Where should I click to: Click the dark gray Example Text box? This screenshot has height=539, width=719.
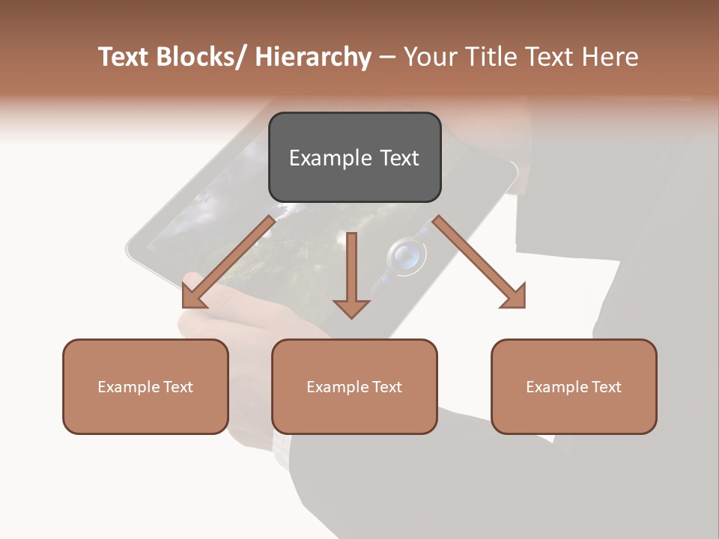pyautogui.click(x=354, y=157)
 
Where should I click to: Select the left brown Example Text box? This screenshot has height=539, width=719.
pyautogui.click(x=145, y=386)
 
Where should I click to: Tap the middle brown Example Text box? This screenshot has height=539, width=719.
pyautogui.click(x=354, y=386)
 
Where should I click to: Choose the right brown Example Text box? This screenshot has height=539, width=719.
pyautogui.click(x=574, y=386)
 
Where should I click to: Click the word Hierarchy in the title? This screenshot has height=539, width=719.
pyautogui.click(x=313, y=57)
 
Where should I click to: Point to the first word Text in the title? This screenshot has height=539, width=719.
pyautogui.click(x=125, y=57)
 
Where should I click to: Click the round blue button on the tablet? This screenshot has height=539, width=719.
pyautogui.click(x=405, y=257)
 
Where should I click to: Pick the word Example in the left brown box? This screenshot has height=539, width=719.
pyautogui.click(x=127, y=387)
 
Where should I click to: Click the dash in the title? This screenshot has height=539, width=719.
pyautogui.click(x=387, y=57)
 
